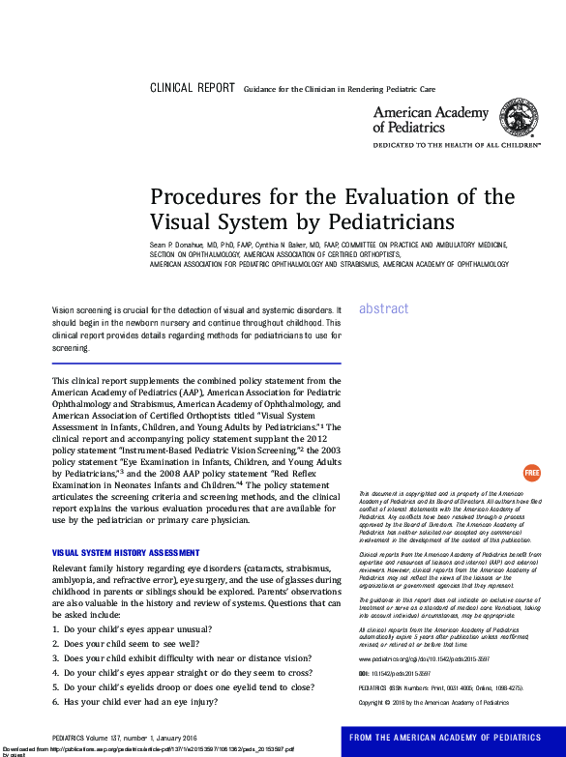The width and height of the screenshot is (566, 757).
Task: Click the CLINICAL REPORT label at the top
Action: coord(192,88)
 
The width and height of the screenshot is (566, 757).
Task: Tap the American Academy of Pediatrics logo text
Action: coord(431,120)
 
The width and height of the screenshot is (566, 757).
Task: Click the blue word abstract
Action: coord(384,308)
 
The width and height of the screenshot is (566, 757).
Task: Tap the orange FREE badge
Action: coord(531,473)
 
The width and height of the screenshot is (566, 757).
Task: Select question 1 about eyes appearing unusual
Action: coord(132,628)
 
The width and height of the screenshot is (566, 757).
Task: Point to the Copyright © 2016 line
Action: coord(433,702)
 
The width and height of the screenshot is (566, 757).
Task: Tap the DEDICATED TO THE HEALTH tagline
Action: coord(457,144)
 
